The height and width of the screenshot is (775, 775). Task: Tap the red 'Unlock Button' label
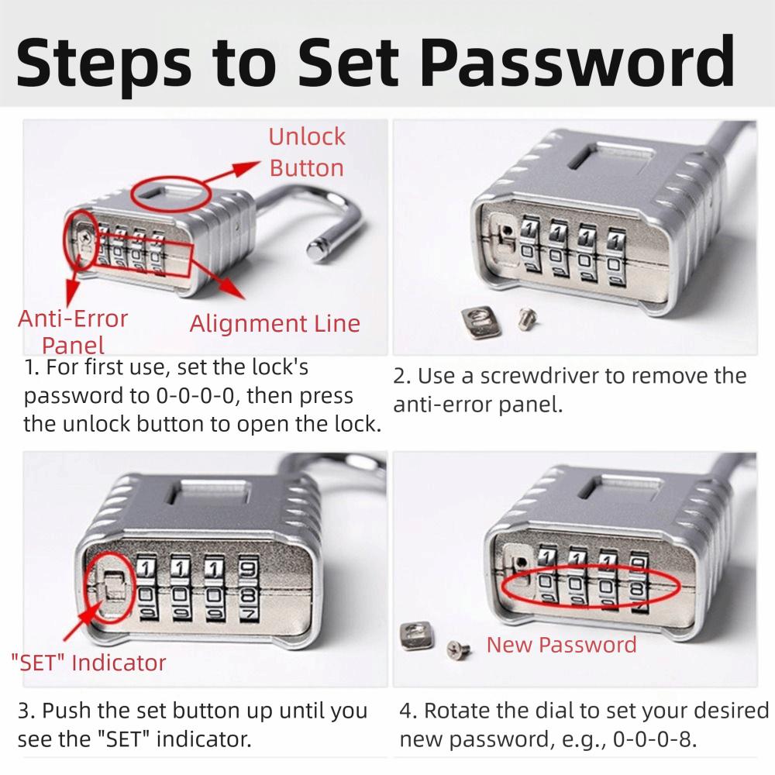pos(306,152)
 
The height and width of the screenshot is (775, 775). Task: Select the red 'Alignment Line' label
pos(275,323)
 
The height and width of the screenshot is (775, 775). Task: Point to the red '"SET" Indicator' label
pos(88,663)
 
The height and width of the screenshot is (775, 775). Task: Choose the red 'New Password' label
pos(561,645)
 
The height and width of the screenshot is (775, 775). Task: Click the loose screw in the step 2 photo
pos(526,316)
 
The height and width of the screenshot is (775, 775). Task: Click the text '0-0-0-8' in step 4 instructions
pos(653,738)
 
